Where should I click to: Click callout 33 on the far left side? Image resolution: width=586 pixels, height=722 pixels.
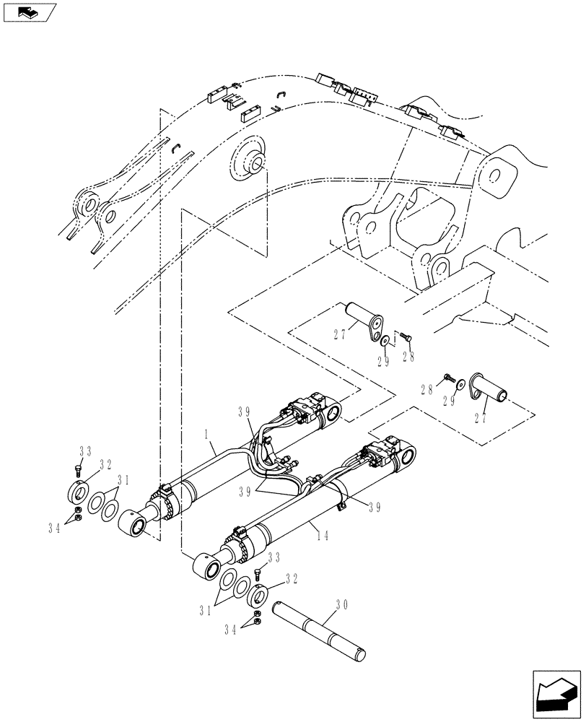84,451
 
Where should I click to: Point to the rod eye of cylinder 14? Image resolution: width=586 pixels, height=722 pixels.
205,566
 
